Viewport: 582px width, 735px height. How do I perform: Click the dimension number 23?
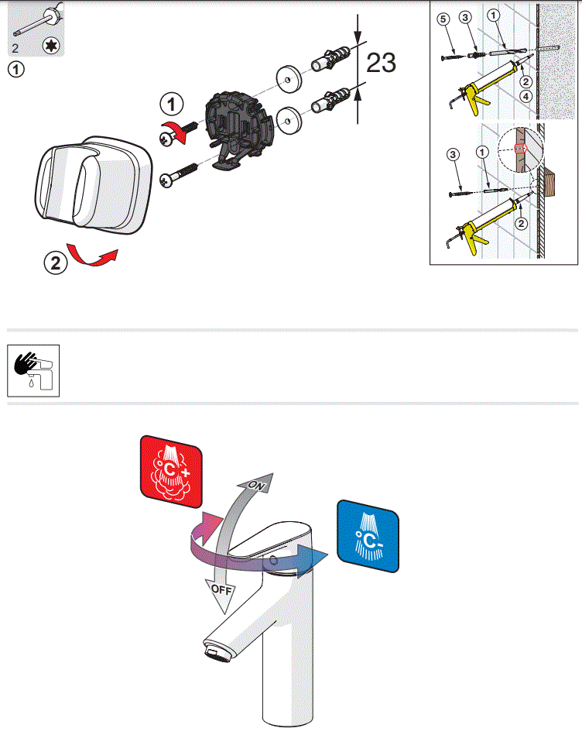pos(381,62)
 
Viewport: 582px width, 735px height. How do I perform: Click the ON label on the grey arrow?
pos(257,485)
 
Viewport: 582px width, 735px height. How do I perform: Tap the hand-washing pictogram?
pos(33,370)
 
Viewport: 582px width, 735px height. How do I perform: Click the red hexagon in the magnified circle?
pos(520,147)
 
